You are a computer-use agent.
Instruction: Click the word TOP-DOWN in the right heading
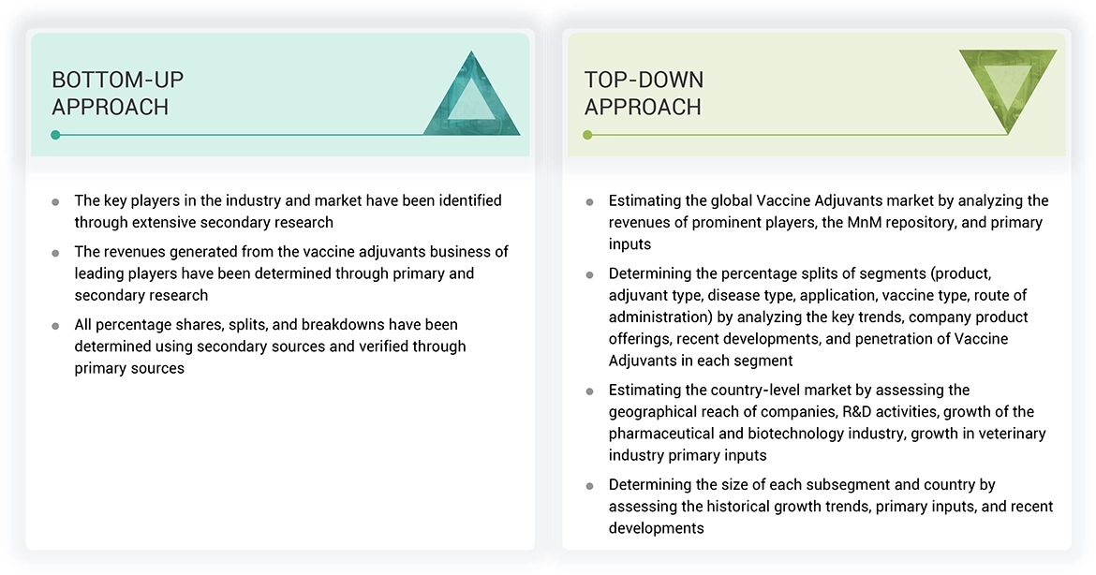point(644,80)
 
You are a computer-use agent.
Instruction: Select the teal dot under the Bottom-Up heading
point(55,135)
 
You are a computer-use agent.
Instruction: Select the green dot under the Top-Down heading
point(587,135)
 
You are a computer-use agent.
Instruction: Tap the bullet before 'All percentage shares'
point(55,326)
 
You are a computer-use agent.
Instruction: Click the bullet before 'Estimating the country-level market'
point(589,391)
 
